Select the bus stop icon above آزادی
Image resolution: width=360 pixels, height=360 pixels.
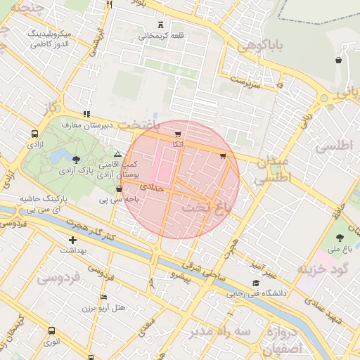point(34,133)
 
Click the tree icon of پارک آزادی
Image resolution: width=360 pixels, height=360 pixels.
point(77,160)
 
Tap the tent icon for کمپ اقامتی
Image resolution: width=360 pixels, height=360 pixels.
point(117,153)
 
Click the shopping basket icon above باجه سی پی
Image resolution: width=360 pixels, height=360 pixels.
point(118,188)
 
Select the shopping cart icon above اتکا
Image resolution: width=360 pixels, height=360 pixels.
point(178,134)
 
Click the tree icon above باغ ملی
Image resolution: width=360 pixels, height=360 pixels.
point(340,237)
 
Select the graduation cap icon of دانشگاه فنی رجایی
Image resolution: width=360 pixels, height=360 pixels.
point(255,283)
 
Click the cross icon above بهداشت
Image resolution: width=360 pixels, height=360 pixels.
point(72,240)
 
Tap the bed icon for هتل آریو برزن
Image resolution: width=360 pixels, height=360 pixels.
point(104,297)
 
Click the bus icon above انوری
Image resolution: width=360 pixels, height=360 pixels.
point(51,330)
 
